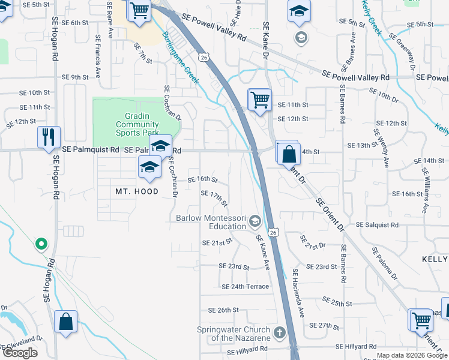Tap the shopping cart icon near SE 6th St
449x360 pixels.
click(139, 11)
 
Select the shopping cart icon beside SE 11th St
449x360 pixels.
click(260, 99)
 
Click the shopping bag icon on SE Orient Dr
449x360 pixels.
click(289, 153)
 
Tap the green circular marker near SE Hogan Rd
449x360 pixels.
click(41, 244)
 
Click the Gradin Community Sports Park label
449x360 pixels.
click(137, 124)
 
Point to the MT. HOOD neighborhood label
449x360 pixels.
click(137, 191)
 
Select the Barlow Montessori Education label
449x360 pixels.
click(211, 222)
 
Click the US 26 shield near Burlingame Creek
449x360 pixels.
click(205, 57)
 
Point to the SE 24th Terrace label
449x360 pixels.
click(245, 287)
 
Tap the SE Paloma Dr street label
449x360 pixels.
click(384, 263)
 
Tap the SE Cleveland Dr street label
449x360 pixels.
click(22, 344)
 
